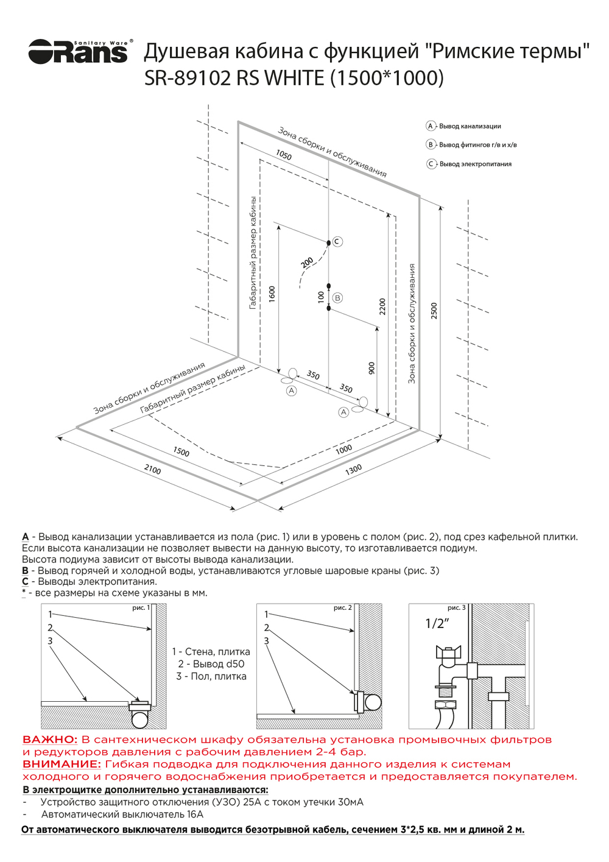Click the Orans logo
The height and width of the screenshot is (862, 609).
(78, 51)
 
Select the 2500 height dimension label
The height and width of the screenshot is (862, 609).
(434, 310)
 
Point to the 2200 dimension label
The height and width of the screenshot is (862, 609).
(382, 306)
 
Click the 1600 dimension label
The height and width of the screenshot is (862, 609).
(272, 294)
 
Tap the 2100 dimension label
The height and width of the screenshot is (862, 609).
(152, 469)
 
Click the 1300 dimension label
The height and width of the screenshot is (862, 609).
(353, 468)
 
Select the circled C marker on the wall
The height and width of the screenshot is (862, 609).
(337, 242)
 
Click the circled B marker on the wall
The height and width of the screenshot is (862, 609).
(337, 298)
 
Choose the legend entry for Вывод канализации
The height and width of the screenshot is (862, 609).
(470, 126)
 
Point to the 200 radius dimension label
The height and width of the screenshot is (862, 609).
(307, 262)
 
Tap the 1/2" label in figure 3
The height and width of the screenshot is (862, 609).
(437, 623)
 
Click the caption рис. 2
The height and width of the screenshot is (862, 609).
(342, 608)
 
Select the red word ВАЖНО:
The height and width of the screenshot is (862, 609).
(50, 740)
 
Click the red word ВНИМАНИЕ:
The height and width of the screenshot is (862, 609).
(62, 764)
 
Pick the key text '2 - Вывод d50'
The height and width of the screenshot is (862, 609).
(211, 664)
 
